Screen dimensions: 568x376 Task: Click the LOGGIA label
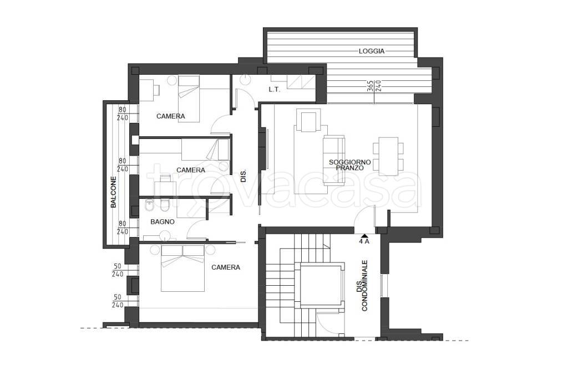pyautogui.click(x=371, y=51)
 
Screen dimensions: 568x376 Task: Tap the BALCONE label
pyautogui.click(x=114, y=192)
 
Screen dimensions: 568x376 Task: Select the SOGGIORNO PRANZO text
pyautogui.click(x=349, y=165)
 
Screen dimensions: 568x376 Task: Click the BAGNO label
pyautogui.click(x=163, y=222)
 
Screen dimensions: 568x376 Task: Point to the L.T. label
pyautogui.click(x=274, y=89)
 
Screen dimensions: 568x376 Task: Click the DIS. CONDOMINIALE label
pyautogui.click(x=361, y=286)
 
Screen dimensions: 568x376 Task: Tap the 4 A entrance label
pyautogui.click(x=364, y=241)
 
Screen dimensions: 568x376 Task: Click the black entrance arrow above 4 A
pyautogui.click(x=364, y=236)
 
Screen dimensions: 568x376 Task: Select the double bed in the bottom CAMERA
pyautogui.click(x=182, y=268)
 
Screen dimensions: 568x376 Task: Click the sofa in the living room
pyautogui.click(x=333, y=161)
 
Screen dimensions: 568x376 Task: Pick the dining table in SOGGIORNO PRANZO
pyautogui.click(x=388, y=156)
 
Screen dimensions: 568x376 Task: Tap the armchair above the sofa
pyautogui.click(x=308, y=120)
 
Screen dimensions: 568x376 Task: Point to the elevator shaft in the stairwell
pyautogui.click(x=322, y=286)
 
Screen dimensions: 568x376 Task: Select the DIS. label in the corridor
pyautogui.click(x=244, y=176)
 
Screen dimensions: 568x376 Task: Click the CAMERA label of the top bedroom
pyautogui.click(x=171, y=116)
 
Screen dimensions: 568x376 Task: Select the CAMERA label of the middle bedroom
pyautogui.click(x=191, y=170)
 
